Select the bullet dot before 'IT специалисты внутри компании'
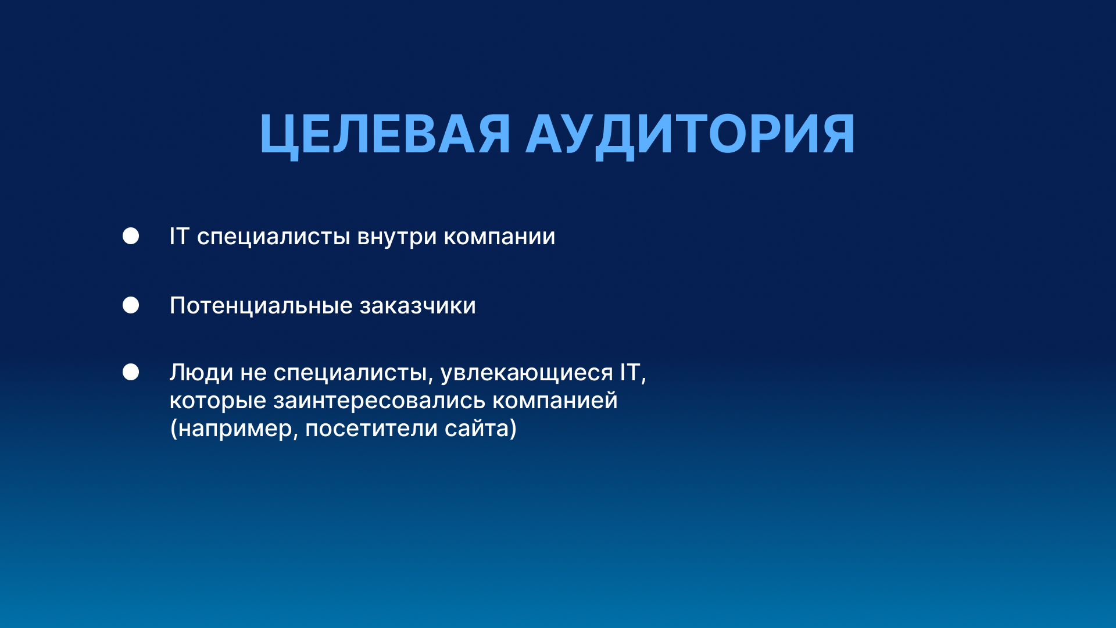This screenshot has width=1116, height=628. click(131, 236)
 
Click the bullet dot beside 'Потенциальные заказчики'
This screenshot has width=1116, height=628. click(131, 305)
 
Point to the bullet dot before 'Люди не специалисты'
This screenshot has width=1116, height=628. click(131, 372)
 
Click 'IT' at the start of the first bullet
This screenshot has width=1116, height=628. click(179, 236)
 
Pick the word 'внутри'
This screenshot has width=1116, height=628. click(396, 237)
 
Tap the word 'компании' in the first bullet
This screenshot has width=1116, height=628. click(499, 237)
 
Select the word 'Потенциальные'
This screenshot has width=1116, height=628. click(261, 306)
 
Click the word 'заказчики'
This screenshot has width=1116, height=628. click(417, 306)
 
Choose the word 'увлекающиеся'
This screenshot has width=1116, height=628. click(527, 373)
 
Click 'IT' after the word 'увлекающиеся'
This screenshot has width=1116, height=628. click(630, 372)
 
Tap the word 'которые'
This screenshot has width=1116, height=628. click(218, 401)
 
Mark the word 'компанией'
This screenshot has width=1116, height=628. click(555, 401)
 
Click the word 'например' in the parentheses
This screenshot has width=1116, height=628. click(235, 429)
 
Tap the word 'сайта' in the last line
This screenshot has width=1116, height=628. click(477, 429)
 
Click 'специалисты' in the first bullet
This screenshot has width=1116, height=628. click(273, 237)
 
